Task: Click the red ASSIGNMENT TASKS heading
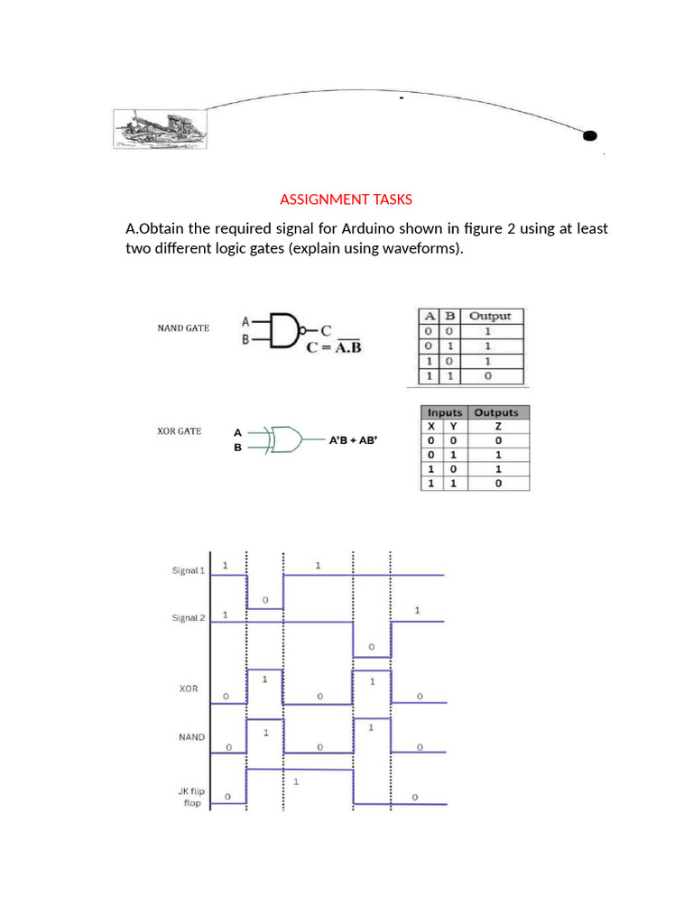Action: coord(346,199)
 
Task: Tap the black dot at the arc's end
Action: coord(589,136)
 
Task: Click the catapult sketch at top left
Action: coord(158,127)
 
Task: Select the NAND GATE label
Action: coord(183,328)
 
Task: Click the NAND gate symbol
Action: coord(282,329)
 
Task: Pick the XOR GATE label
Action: coord(180,431)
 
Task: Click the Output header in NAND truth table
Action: coord(490,316)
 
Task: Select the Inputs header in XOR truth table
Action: coord(445,412)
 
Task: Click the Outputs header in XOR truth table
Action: coord(497,412)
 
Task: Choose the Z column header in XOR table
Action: coord(498,425)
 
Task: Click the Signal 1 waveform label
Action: coord(189,570)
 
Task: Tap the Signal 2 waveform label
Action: coord(189,618)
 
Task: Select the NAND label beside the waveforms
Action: coord(191,737)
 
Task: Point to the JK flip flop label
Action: coord(191,797)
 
